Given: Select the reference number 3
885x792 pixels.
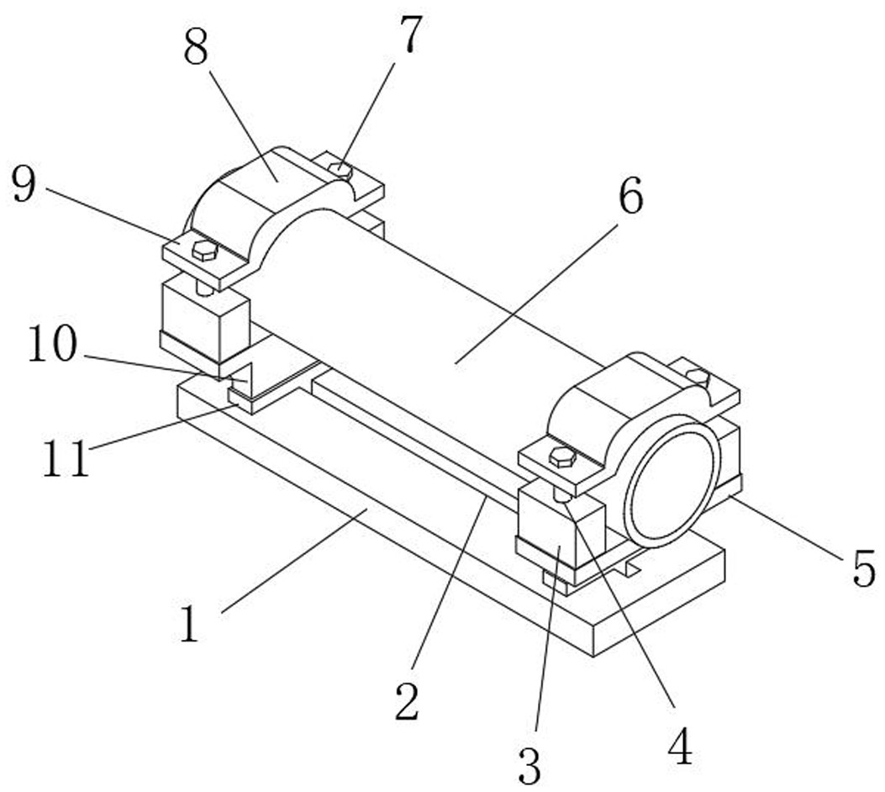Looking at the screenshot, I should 529,764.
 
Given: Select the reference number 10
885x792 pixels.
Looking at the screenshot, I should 52,346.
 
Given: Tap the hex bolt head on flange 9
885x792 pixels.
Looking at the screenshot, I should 204,250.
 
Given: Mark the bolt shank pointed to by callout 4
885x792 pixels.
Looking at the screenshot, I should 562,496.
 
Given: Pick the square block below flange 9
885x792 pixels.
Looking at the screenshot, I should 204,315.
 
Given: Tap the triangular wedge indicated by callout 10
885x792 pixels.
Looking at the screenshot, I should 241,376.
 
